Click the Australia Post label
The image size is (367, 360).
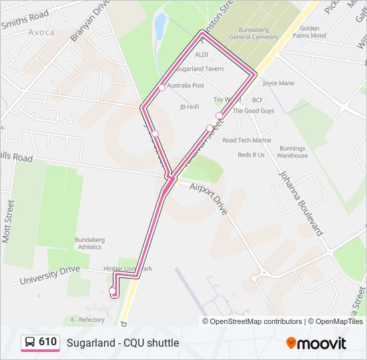point(186,86)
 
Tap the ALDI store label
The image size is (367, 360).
point(202,54)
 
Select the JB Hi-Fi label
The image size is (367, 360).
point(190,107)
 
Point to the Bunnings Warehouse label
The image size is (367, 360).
point(292,152)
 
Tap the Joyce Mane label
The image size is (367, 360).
point(278,83)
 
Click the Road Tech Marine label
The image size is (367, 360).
point(247,140)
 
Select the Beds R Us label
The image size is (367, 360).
point(251,155)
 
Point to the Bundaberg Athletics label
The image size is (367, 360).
point(93,243)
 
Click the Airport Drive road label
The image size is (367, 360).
point(208,200)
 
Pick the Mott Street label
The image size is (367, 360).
point(9,224)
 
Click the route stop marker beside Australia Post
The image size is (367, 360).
point(161,87)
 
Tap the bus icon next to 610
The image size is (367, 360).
point(30,342)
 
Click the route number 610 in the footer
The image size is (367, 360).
point(47,342)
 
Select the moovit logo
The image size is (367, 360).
point(316,343)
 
